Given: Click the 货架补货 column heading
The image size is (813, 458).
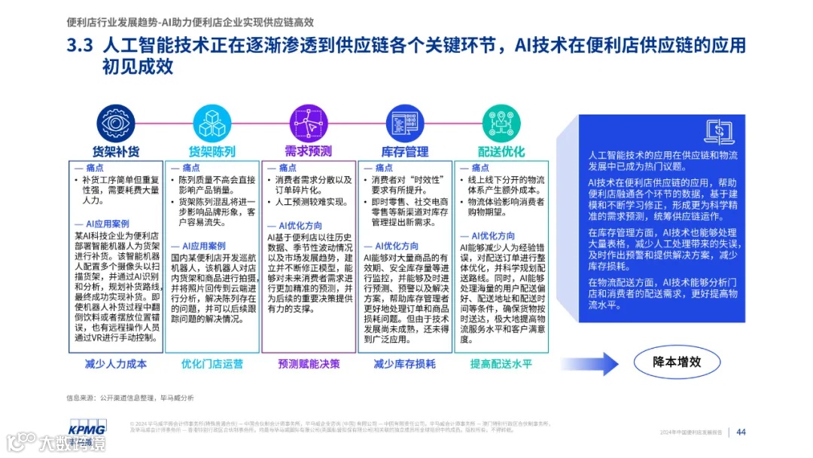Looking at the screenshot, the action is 115,151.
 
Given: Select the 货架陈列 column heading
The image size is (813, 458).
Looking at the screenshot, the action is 212,151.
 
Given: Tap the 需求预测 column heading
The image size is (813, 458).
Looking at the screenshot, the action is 308,151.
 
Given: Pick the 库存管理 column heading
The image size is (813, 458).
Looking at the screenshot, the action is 405,151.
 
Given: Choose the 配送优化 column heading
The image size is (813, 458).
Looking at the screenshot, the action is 501,151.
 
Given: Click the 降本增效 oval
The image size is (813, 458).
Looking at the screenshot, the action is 677,362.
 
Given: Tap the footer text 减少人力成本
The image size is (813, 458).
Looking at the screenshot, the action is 115,364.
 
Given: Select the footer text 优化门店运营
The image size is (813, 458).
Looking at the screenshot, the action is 212,364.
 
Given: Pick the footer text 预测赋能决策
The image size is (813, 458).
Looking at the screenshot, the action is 308,364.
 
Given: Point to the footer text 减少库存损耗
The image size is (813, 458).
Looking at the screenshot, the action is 405,364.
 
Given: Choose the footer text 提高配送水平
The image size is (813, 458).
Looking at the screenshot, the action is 501,364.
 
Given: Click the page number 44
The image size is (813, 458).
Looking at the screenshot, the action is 741,432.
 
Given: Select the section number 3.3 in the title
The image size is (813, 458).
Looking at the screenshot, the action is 79,47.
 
